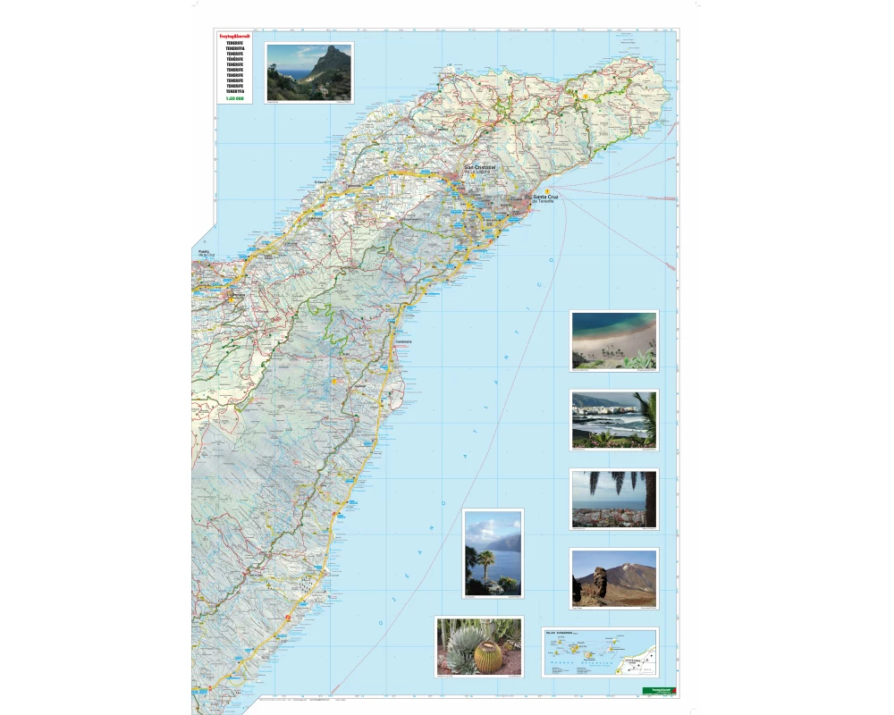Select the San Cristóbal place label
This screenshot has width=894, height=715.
tap(478, 167)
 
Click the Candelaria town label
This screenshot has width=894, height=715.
tap(403, 340)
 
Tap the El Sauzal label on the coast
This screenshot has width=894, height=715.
tap(323, 182)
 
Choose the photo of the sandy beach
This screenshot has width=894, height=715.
tap(614, 341)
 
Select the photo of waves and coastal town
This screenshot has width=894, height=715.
tap(614, 419)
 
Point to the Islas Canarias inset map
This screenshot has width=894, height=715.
tap(599, 652)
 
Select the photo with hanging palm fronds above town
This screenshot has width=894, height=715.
tap(614, 498)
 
